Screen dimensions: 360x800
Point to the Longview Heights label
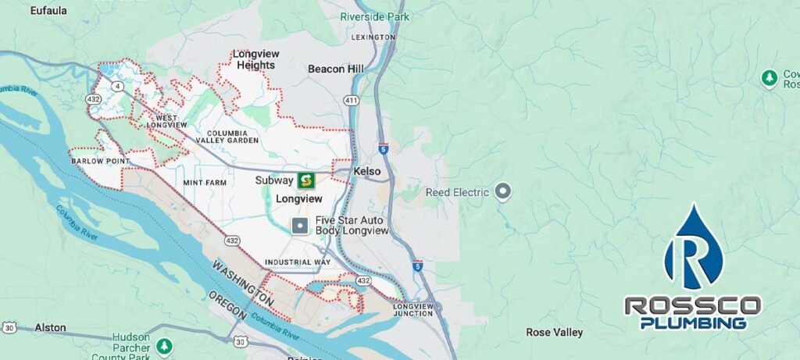click(x=255, y=59)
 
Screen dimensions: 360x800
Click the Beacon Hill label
click(x=336, y=70)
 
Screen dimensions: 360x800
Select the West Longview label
click(x=166, y=120)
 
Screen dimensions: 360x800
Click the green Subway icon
click(x=305, y=180)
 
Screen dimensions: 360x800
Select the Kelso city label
click(x=366, y=171)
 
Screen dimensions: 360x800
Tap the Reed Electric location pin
click(x=503, y=191)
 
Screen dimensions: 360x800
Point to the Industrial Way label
click(x=297, y=262)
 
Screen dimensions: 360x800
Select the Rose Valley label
click(x=554, y=333)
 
